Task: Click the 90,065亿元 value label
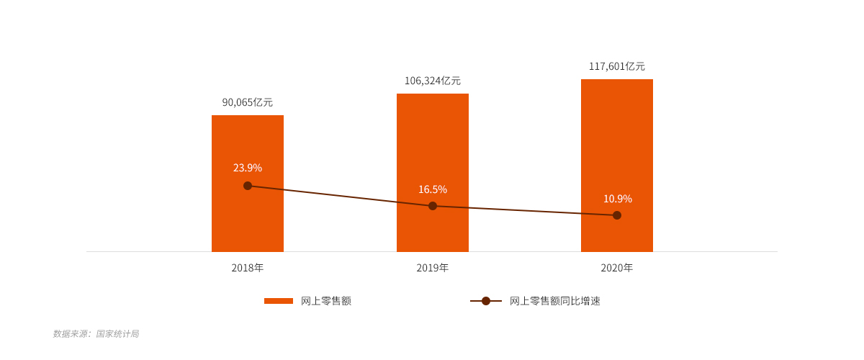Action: pos(248,102)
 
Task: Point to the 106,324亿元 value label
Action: pos(433,81)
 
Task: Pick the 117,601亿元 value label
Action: pos(617,66)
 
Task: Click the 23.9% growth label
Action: pos(248,168)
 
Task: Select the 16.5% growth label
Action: pos(433,189)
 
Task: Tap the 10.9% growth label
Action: pos(618,199)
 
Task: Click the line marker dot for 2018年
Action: pos(248,186)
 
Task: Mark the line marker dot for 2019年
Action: pos(433,206)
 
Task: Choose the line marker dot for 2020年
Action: pos(617,215)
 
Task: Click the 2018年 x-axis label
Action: pos(248,268)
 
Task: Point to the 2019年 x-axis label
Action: pos(433,268)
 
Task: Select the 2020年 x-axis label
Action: pos(617,268)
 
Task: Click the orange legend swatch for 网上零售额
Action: pos(279,301)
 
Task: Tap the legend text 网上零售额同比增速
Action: pos(555,301)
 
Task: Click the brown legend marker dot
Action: pos(486,301)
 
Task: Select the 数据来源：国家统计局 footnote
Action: pos(96,334)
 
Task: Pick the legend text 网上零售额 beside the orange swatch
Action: pos(326,301)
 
